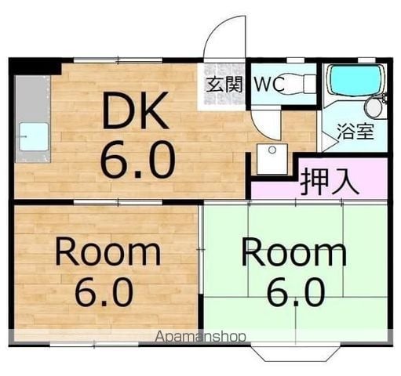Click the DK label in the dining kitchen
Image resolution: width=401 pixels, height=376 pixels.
coord(135,110)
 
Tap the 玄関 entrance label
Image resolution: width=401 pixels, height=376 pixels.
coord(224,84)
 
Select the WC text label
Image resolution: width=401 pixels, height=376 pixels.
coord(269,84)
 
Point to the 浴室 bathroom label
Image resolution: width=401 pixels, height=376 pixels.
coord(355,131)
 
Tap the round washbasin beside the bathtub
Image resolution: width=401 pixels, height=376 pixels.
coord(374,108)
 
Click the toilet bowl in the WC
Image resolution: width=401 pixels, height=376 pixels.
coord(292,84)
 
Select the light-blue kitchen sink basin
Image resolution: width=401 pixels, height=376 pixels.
coord(34,136)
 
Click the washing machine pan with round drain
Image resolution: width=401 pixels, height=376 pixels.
coord(272,159)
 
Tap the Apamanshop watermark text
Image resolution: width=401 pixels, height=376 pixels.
coord(201,337)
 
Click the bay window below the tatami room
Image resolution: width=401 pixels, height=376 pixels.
coord(296,352)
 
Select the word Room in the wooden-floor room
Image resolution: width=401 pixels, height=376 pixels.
coord(108,252)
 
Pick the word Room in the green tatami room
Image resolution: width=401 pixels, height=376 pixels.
coord(294,252)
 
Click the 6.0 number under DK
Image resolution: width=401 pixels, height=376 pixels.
coord(137,159)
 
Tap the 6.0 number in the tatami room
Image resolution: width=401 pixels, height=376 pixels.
coord(296,292)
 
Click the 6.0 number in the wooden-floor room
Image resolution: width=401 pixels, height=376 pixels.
coord(104,292)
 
